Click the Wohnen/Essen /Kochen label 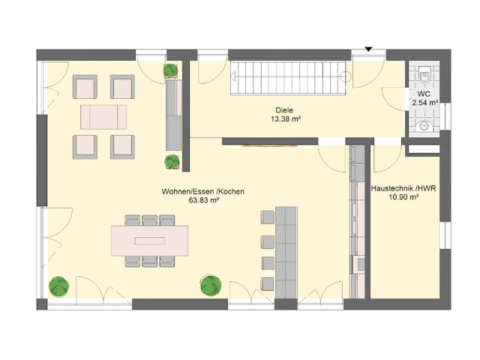[x=202, y=192]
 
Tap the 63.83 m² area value [x=203, y=201]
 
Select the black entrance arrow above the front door [x=368, y=49]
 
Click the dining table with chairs [x=150, y=241]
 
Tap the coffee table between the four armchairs [x=103, y=117]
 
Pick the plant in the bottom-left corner [x=59, y=286]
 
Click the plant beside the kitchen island [x=211, y=285]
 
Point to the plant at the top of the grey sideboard [x=171, y=71]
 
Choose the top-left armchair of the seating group [x=85, y=87]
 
